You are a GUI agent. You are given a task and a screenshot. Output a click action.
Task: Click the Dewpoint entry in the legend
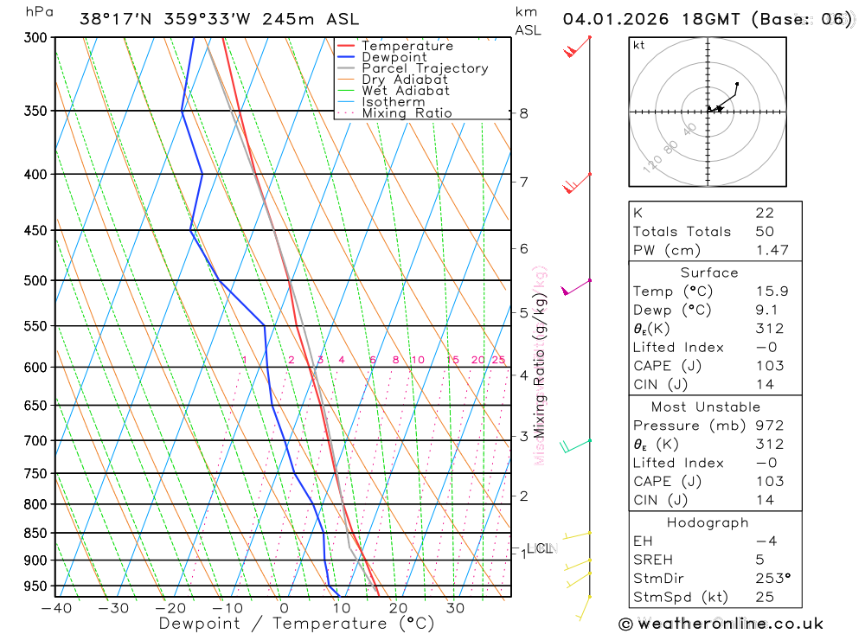tap(394, 57)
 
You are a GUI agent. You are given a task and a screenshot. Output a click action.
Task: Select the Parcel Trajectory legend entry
tap(425, 68)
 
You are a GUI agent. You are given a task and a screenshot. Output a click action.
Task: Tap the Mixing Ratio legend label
tap(407, 113)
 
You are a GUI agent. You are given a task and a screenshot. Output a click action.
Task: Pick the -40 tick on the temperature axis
tap(56, 608)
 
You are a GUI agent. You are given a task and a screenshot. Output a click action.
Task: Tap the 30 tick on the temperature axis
tap(455, 608)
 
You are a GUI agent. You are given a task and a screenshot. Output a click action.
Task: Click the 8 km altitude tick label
tap(523, 113)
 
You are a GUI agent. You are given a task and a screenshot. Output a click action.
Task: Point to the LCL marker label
tap(540, 548)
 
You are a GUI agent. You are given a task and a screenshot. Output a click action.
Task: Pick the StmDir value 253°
tap(772, 579)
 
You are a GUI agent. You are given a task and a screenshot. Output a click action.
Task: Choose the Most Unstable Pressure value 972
tap(769, 426)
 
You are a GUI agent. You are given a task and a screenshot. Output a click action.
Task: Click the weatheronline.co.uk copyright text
tap(721, 624)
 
